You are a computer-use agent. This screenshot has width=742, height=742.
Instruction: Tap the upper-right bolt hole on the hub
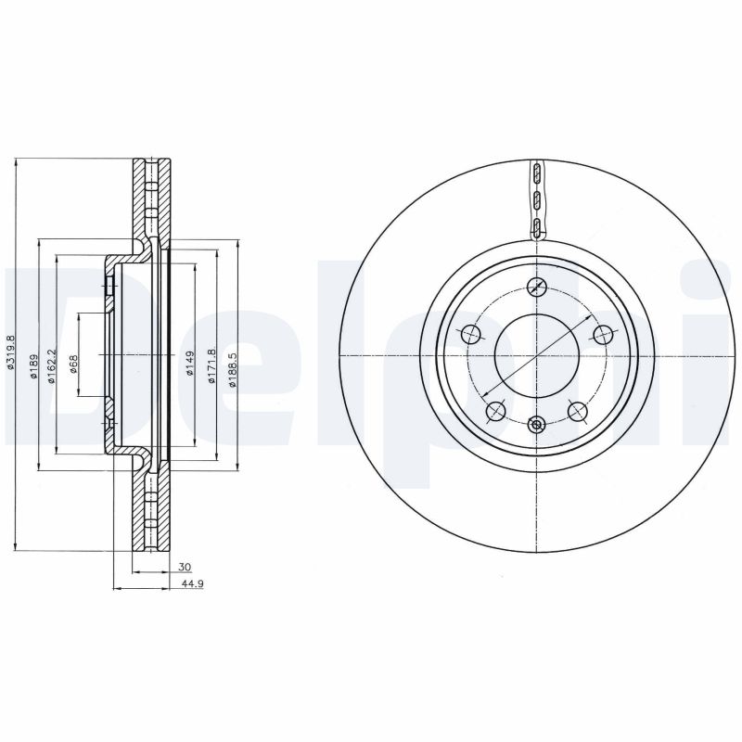603,335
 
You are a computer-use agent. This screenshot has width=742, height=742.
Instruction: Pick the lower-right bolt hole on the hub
578,411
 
